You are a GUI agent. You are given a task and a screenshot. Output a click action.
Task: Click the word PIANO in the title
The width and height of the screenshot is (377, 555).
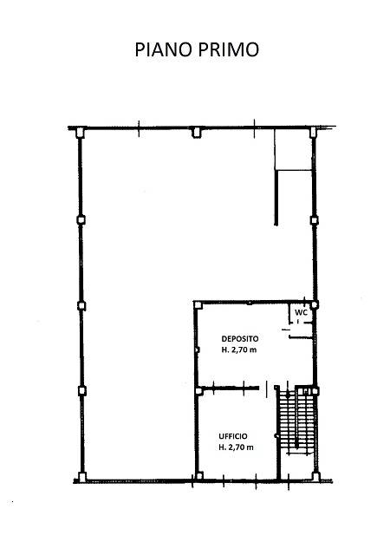[x=164, y=49]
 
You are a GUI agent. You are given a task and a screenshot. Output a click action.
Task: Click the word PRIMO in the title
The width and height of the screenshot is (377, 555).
[x=228, y=49]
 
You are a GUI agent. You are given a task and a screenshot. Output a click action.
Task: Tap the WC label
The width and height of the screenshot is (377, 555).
[x=301, y=312]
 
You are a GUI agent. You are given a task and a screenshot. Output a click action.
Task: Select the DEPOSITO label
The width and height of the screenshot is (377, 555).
[x=240, y=339]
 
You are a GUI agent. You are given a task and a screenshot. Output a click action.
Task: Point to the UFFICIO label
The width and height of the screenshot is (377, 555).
[x=233, y=436]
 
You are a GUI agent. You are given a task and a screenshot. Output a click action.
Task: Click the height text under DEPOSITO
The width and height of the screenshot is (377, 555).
[x=239, y=350]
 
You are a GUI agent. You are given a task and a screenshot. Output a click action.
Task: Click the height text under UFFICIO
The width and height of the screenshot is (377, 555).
[x=236, y=447]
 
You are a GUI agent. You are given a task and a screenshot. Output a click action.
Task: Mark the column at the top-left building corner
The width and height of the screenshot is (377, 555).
[x=81, y=133]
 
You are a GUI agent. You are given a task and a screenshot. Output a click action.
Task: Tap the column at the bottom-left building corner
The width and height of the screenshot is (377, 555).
[x=82, y=477]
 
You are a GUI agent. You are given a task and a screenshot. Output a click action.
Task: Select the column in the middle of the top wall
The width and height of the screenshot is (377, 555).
[x=196, y=133]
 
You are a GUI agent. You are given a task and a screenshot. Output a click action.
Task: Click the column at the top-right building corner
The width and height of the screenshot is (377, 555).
[x=313, y=133]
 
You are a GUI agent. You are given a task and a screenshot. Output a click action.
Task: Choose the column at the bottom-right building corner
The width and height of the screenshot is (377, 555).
[x=315, y=477]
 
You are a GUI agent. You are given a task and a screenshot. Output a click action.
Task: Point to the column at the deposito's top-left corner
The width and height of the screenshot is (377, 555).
[x=198, y=304]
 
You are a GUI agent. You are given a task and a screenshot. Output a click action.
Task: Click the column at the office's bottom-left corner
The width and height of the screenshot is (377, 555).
[x=199, y=476]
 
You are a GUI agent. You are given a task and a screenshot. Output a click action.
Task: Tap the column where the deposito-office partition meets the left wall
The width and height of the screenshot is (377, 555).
[x=199, y=391]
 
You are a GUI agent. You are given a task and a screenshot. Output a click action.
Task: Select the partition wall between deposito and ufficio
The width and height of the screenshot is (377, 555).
[x=231, y=388]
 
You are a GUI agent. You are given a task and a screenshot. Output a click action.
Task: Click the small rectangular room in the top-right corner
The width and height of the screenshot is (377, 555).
[x=293, y=150]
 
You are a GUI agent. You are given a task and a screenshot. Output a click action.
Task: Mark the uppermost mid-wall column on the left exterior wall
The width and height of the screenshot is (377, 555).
[x=81, y=219]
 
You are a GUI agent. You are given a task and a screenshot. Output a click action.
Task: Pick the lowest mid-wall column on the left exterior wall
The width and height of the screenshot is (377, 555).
[x=82, y=391]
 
